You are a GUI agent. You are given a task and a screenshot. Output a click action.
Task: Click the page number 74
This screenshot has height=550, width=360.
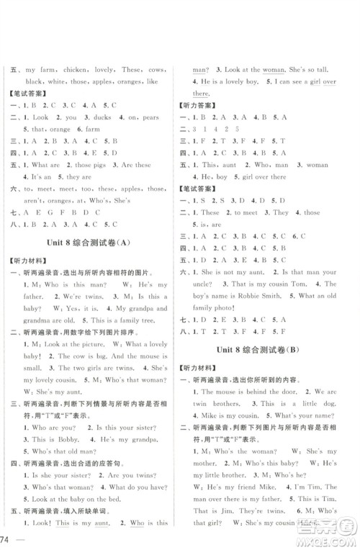tap(9, 538)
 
